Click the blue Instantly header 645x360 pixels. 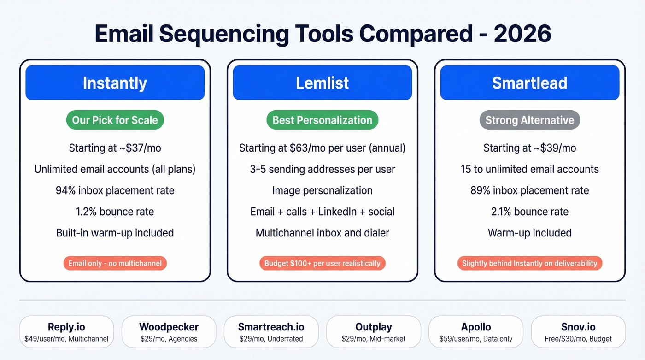point(115,83)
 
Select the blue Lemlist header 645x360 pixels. point(322,83)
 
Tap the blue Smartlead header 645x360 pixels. point(529,83)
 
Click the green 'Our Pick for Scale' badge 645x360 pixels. point(115,120)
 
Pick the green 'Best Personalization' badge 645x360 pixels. point(322,120)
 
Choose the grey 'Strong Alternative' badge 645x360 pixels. point(529,120)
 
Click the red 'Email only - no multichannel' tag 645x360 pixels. point(115,263)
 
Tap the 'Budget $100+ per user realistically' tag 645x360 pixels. point(322,263)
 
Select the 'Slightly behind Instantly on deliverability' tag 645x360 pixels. point(529,263)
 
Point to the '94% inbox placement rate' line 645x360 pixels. point(115,190)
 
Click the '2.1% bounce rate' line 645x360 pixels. point(529,212)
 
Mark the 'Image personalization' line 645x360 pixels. point(322,190)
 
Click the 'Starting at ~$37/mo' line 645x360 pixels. point(115,148)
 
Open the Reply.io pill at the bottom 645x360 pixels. point(66,332)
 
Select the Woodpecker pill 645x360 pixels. point(169,332)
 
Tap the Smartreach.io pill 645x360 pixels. point(271,332)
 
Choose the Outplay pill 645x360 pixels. point(374,332)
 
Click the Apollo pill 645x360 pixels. point(476,332)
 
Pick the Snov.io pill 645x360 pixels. point(578,332)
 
